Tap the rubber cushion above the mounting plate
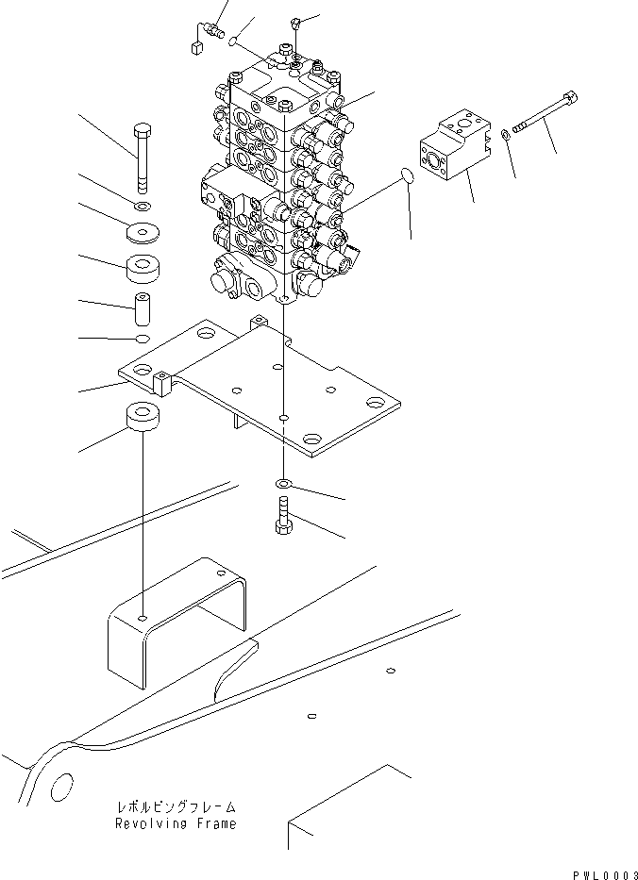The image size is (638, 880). (143, 268)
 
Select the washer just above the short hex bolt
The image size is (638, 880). (284, 485)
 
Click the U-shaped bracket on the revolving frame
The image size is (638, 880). (179, 623)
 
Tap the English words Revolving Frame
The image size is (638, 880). (176, 823)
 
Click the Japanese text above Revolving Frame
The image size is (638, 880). (176, 808)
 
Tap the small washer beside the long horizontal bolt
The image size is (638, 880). (506, 134)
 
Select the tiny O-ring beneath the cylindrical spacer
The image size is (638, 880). (142, 339)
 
